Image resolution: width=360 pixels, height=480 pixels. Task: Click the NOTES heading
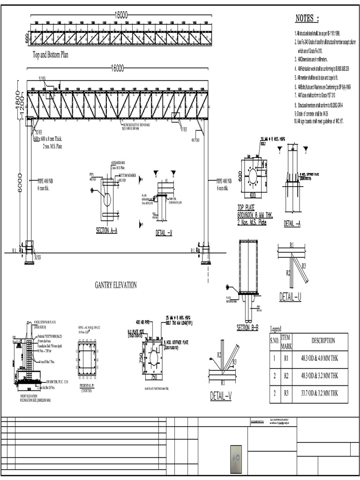[307, 19]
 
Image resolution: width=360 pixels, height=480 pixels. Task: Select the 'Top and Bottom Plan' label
[50, 55]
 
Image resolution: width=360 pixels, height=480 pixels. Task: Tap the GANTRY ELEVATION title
[116, 285]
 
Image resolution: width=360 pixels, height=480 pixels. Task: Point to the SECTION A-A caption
[106, 230]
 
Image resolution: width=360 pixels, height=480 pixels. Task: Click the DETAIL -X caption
[164, 233]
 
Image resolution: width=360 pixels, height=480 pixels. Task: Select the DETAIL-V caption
[221, 397]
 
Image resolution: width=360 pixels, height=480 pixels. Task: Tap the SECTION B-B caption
[247, 328]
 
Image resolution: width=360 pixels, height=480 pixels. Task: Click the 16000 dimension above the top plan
[121, 15]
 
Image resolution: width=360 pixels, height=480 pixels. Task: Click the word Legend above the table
[277, 329]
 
